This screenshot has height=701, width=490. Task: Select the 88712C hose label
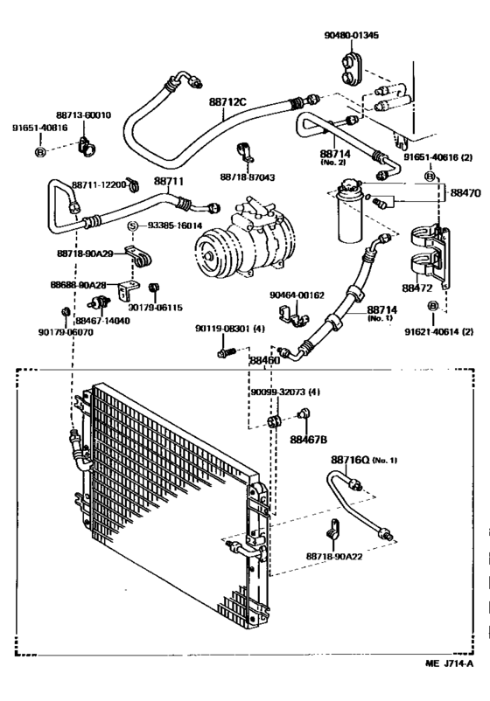[227, 102]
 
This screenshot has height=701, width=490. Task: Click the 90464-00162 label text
[297, 295]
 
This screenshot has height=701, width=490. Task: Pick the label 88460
[263, 359]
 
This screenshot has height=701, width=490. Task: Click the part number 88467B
[308, 440]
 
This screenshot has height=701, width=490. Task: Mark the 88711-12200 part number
[99, 185]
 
